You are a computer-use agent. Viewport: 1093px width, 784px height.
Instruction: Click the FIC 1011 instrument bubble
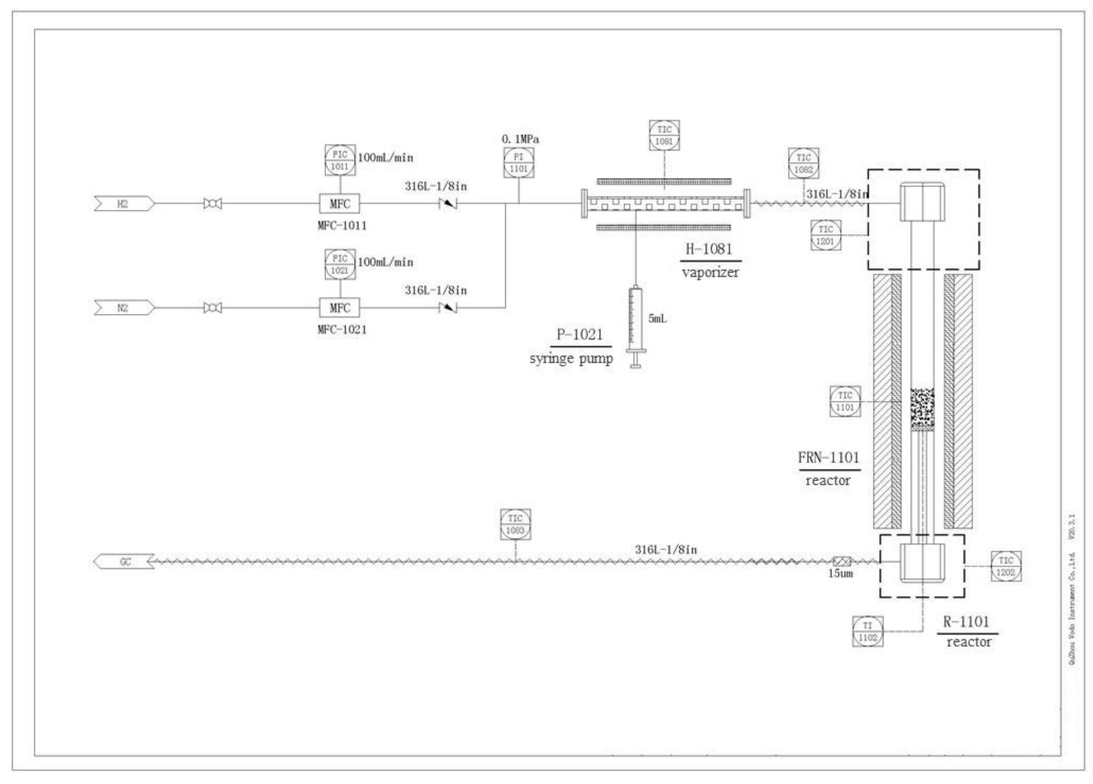(340, 160)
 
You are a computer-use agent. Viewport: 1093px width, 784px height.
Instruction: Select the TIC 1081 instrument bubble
(664, 135)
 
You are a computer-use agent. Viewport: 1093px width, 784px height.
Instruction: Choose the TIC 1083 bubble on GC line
(515, 524)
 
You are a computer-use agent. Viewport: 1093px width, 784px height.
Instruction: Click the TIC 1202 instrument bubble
(1006, 566)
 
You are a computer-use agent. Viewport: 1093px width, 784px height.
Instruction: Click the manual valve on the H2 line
(213, 204)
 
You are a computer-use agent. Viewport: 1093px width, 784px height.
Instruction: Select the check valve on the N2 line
(448, 308)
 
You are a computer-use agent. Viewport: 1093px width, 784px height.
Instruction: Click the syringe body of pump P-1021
(636, 318)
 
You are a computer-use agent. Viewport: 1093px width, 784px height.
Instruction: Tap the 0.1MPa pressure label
(520, 139)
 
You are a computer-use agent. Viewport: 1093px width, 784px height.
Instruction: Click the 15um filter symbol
(841, 561)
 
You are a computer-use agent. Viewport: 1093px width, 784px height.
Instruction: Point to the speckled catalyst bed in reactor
(922, 409)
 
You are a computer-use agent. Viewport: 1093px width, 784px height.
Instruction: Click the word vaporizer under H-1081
(710, 273)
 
